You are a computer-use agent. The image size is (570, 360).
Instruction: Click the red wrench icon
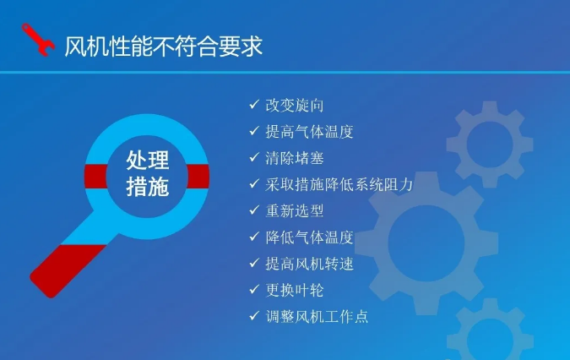pos(38,40)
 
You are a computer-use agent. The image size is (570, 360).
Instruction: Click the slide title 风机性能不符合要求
pos(164,46)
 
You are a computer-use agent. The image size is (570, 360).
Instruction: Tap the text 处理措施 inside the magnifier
pos(148,173)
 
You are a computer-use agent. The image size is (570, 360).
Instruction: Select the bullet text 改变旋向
pos(295,106)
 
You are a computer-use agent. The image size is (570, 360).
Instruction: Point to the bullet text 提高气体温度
pos(309,132)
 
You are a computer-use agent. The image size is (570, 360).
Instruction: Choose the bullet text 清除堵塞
pos(295,158)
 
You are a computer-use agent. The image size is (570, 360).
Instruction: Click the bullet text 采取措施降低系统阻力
pos(339,184)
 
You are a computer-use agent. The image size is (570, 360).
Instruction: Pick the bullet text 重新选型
pos(295,211)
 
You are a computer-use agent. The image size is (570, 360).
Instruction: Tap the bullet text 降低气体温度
pos(309,237)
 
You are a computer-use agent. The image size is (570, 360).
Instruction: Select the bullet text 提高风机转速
pos(309,264)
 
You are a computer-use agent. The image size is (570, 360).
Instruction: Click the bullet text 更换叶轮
pos(295,290)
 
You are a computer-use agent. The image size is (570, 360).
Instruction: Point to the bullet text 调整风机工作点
pos(317,316)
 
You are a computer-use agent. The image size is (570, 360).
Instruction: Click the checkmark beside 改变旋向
pos(254,105)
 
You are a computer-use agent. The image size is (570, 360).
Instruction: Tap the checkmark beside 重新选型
pos(254,210)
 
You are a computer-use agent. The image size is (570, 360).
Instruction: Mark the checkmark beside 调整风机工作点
pos(254,316)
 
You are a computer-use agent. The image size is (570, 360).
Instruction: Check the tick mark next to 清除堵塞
pos(254,157)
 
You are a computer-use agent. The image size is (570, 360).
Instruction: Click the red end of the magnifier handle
pos(65,270)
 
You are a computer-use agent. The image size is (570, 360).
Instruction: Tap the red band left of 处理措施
pos(96,177)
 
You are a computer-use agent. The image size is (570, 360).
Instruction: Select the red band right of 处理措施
pos(198,177)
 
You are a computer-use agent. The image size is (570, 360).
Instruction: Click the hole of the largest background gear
pos(426,243)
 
